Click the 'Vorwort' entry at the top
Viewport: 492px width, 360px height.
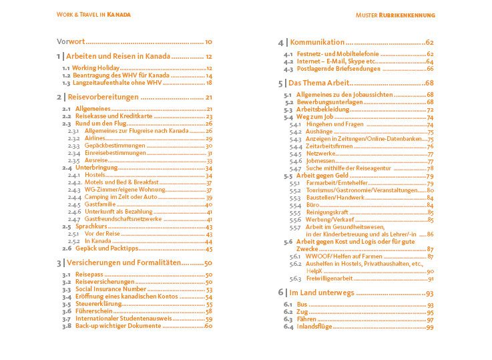tap(69, 41)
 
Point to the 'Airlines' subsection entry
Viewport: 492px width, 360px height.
tap(97, 138)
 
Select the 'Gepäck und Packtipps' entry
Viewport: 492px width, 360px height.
tap(109, 248)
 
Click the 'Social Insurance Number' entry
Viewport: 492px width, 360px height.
tap(114, 289)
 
